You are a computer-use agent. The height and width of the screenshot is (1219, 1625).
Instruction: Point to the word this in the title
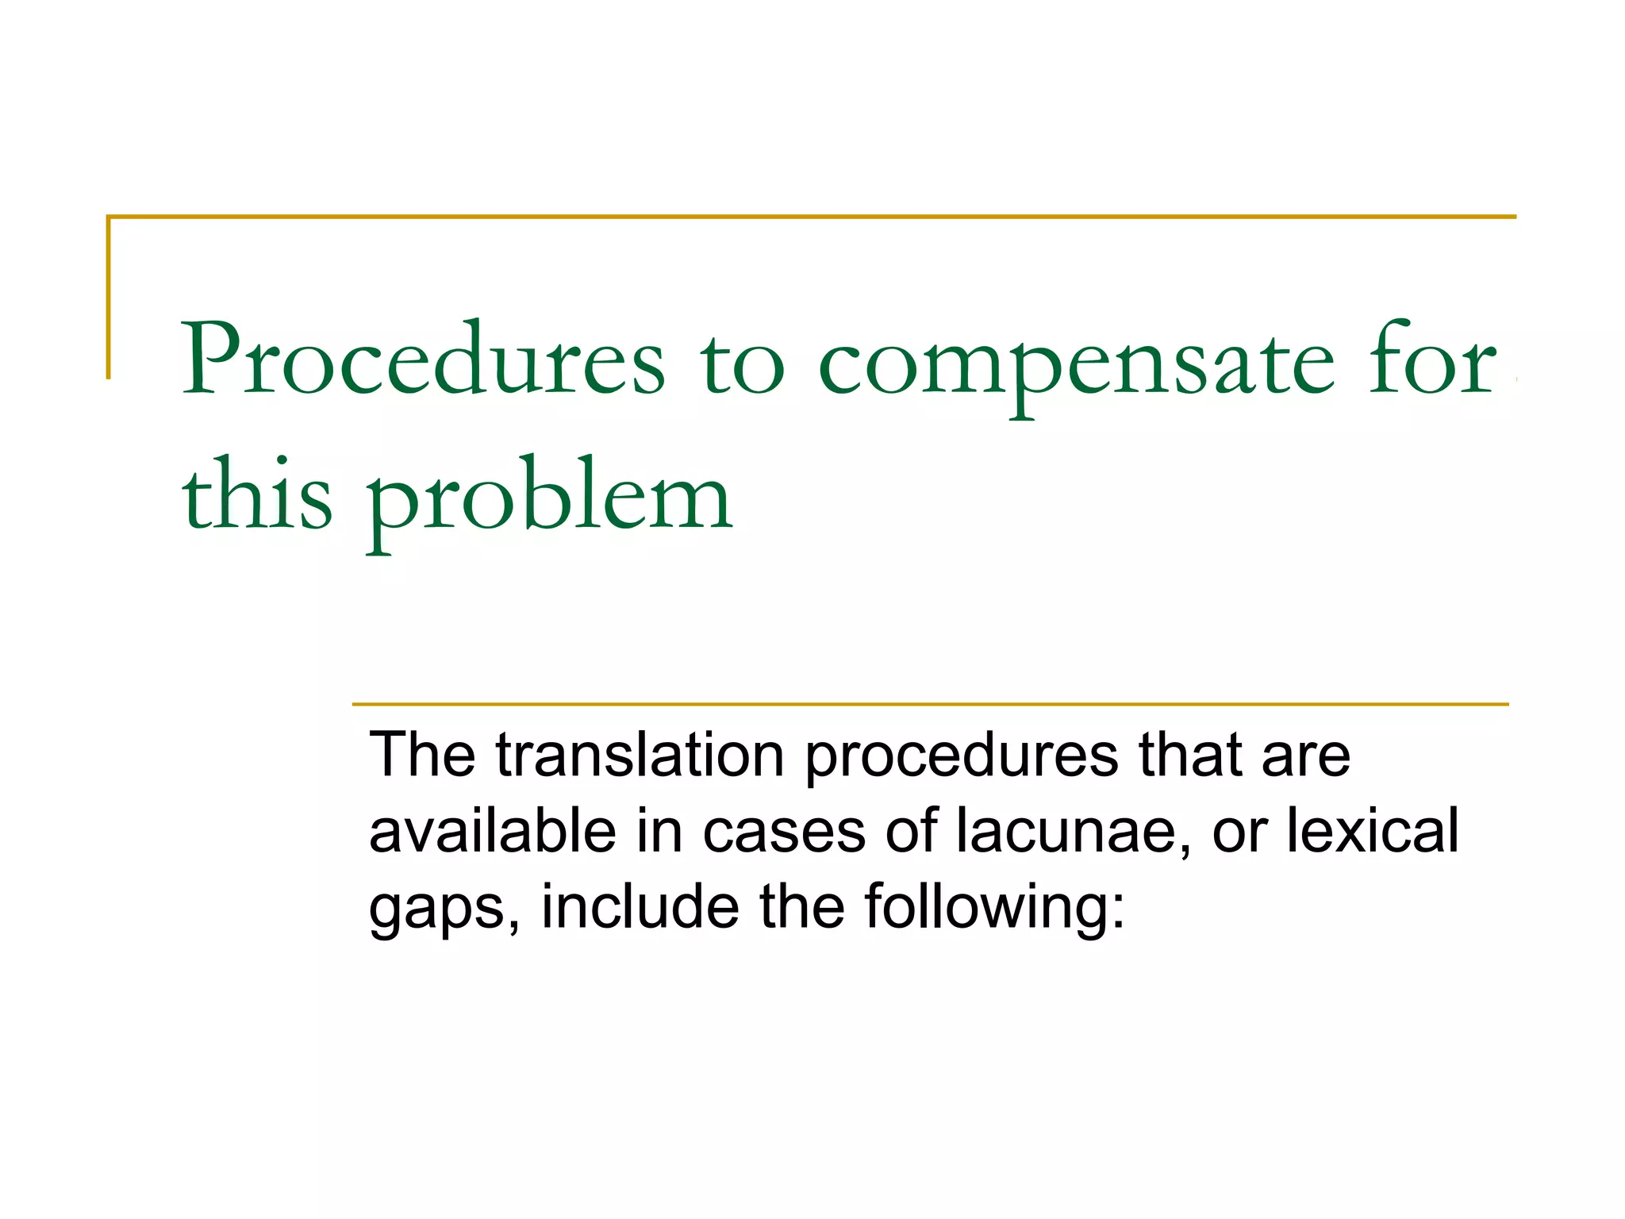[x=256, y=496]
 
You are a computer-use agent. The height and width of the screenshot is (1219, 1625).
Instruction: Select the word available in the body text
[x=493, y=831]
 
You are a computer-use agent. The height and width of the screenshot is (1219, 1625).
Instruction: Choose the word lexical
[x=1372, y=831]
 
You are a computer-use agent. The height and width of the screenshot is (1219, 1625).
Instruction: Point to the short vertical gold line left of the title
[x=109, y=298]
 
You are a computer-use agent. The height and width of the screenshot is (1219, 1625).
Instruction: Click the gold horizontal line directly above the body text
[x=928, y=704]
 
